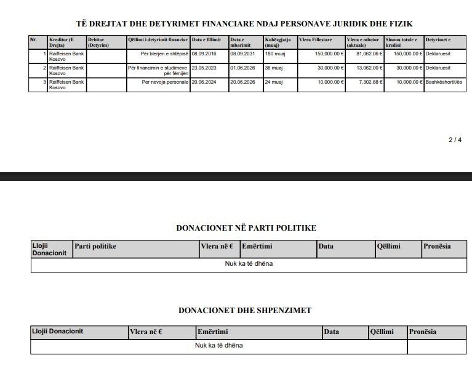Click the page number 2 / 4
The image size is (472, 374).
[455, 140]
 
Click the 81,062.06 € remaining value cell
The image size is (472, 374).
[365, 54]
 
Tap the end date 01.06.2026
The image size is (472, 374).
[243, 68]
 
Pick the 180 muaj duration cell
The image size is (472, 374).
[274, 54]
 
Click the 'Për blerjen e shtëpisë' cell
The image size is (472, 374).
[164, 54]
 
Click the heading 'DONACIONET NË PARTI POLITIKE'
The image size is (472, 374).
[246, 228]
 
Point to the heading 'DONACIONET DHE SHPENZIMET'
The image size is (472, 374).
[246, 311]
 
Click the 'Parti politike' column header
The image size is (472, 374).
[95, 247]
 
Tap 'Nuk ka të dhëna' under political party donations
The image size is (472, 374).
[249, 264]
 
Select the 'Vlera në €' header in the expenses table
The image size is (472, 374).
[146, 332]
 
